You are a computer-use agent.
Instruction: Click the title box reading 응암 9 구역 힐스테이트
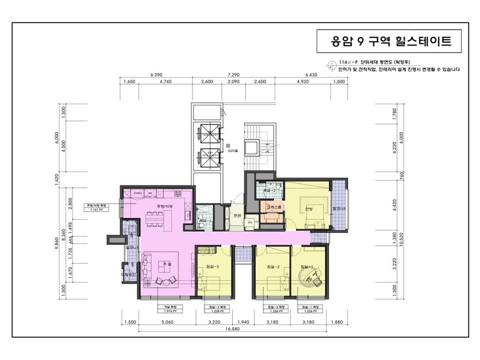pyautogui.click(x=391, y=41)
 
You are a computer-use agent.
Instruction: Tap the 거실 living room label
pyautogui.click(x=167, y=263)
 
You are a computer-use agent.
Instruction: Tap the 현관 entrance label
pyautogui.click(x=237, y=215)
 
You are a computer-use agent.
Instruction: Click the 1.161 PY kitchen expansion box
pyautogui.click(x=96, y=207)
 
